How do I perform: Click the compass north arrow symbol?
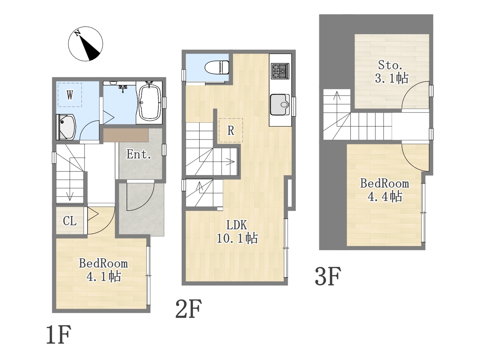(86, 44)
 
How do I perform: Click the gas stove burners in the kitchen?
(280, 71)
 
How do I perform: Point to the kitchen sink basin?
(280, 105)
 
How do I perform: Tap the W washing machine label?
(70, 95)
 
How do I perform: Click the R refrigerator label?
(231, 130)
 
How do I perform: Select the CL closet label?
(70, 221)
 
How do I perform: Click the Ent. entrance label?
(139, 154)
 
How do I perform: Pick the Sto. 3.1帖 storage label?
(391, 72)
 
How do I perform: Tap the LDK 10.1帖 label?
(237, 232)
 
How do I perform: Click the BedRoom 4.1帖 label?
(103, 270)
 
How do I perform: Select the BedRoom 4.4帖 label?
(385, 190)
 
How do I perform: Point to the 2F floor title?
(189, 309)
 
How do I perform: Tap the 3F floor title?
(328, 276)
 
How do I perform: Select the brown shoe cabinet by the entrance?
(126, 135)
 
